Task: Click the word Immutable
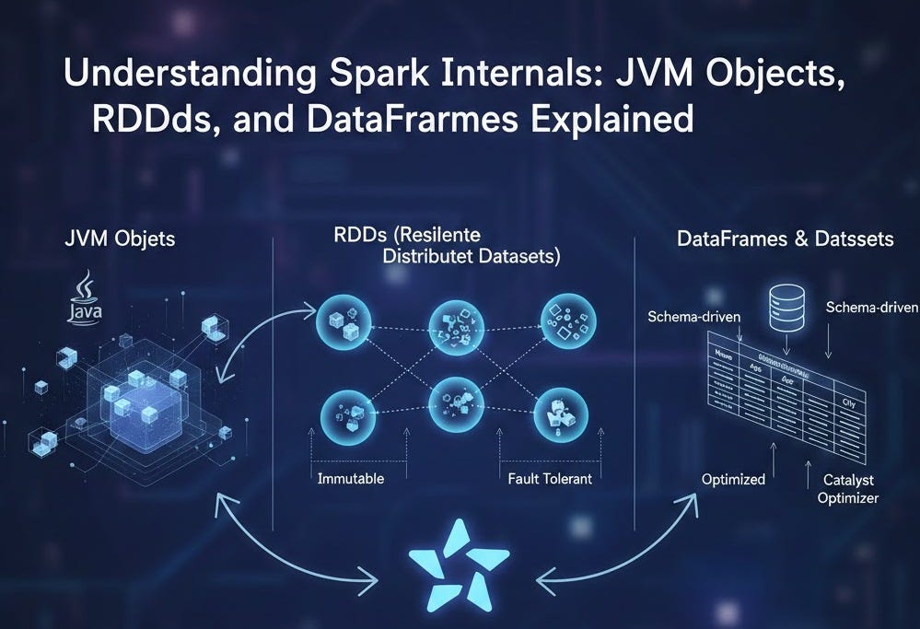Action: point(350,479)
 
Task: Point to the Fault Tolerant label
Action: point(550,479)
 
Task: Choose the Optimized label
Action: point(733,479)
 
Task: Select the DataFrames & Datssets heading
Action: point(785,239)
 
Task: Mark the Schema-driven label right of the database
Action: point(872,307)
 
